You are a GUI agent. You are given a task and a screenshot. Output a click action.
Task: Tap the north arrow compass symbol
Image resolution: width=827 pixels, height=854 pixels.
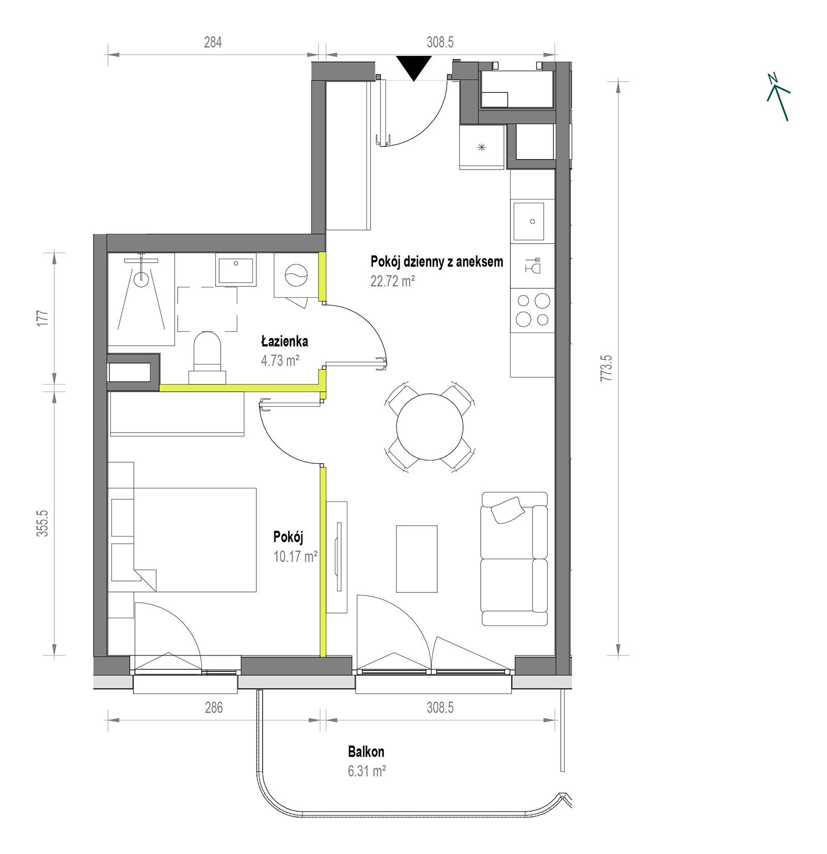(779, 97)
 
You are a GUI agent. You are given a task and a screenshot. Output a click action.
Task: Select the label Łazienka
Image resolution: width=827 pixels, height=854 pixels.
(284, 341)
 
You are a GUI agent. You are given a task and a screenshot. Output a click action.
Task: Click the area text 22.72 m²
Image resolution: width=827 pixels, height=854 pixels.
(393, 281)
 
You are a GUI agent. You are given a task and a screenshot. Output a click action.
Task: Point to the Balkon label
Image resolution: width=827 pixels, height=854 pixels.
(366, 752)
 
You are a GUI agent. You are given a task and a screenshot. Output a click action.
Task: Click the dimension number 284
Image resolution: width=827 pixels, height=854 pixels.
(212, 42)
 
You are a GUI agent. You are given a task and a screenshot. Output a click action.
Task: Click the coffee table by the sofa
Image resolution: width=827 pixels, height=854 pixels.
(417, 558)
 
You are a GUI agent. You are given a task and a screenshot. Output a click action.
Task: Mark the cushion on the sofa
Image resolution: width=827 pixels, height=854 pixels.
(508, 510)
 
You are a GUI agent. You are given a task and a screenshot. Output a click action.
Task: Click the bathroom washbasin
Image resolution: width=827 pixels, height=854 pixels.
(236, 269)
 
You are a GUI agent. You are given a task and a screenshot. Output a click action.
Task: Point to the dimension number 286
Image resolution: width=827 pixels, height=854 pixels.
(213, 707)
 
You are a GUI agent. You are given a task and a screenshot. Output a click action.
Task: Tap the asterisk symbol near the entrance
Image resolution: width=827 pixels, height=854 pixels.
(482, 147)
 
